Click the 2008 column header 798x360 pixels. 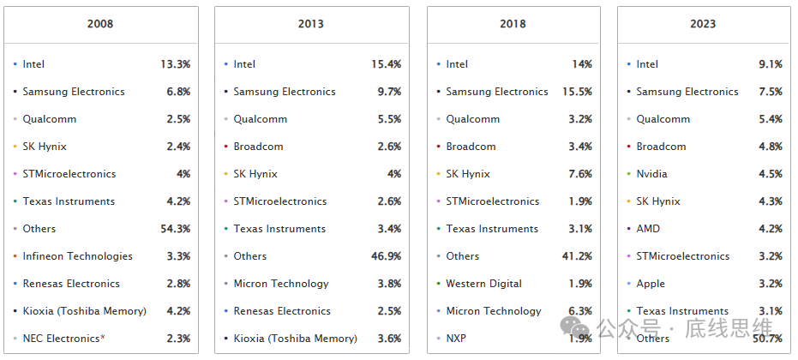(x=100, y=24)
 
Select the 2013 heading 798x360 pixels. (x=311, y=24)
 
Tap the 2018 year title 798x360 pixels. (x=513, y=24)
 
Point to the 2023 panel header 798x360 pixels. (x=703, y=24)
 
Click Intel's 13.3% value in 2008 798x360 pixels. (x=175, y=64)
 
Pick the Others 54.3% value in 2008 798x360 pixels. (x=175, y=229)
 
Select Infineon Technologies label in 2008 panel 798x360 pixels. (x=77, y=256)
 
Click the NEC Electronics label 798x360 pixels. (x=61, y=339)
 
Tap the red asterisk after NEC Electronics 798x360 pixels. (x=103, y=338)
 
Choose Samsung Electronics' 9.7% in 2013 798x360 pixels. (x=389, y=92)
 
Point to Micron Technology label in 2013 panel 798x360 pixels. (x=281, y=284)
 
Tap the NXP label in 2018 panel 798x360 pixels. (x=456, y=339)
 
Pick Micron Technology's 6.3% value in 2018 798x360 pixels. (x=579, y=311)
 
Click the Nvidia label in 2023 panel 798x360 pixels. (x=651, y=174)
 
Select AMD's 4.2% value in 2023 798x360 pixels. (x=770, y=229)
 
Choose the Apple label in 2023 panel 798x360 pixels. (x=651, y=284)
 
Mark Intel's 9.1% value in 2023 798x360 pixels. (x=770, y=64)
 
